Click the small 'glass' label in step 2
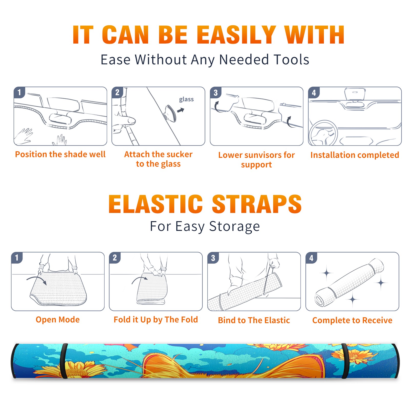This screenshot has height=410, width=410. pyautogui.click(x=186, y=99)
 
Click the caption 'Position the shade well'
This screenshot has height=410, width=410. pyautogui.click(x=60, y=154)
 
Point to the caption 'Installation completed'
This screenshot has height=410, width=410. pyautogui.click(x=355, y=155)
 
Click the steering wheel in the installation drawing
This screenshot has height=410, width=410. pyautogui.click(x=323, y=133)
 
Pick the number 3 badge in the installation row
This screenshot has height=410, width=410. pyautogui.click(x=216, y=93)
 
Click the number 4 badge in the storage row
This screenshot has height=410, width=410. pyautogui.click(x=311, y=258)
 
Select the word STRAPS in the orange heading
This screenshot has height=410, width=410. pyautogui.click(x=257, y=204)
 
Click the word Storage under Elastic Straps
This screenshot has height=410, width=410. pyautogui.click(x=234, y=227)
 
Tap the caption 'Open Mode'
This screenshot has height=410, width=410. pyautogui.click(x=58, y=320)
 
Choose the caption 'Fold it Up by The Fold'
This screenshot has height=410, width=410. pyautogui.click(x=156, y=320)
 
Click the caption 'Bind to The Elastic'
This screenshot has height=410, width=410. pyautogui.click(x=254, y=320)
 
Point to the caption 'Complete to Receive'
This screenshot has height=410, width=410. pyautogui.click(x=352, y=320)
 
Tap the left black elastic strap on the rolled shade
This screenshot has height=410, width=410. pyautogui.click(x=64, y=361)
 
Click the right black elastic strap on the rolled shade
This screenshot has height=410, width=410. pyautogui.click(x=345, y=361)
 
